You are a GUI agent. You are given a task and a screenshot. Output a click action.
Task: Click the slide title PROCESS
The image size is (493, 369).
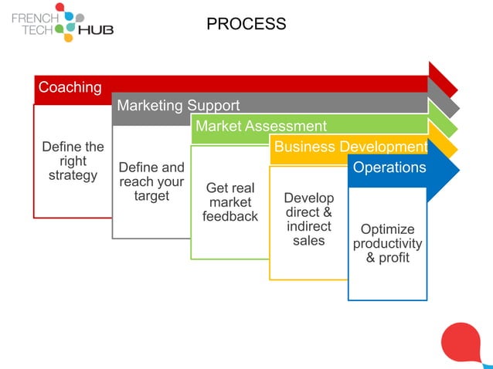coord(246,24)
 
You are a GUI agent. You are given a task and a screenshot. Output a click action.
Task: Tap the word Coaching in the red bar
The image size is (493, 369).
coord(70,87)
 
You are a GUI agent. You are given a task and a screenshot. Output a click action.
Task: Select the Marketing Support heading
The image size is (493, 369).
coord(178,106)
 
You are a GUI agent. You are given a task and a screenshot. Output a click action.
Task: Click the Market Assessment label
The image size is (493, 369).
coord(260,126)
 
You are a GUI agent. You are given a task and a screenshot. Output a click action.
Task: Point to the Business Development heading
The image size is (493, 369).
coord(350,147)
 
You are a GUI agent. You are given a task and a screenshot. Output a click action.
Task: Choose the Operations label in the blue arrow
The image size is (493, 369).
coord(389,168)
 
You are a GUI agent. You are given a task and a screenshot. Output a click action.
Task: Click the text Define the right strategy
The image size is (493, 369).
coord(73,161)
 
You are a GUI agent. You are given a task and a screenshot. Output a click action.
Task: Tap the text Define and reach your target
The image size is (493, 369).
coord(151,181)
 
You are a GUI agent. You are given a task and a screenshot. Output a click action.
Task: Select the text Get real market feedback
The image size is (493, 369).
coord(230,202)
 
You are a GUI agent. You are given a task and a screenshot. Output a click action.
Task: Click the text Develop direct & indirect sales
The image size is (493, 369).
coord(309,219)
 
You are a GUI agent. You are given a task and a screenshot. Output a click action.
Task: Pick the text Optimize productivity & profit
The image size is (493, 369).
coord(387,243)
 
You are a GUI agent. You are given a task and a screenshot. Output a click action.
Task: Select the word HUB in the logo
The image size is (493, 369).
coord(96,30)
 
